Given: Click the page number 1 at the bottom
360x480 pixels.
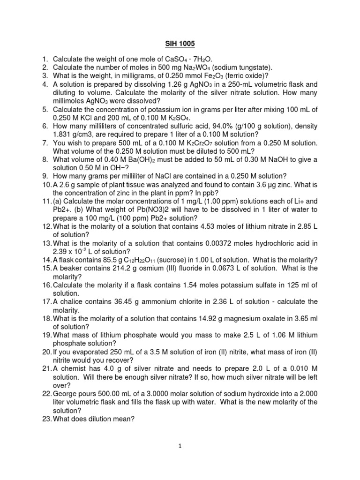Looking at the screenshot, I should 180,447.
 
